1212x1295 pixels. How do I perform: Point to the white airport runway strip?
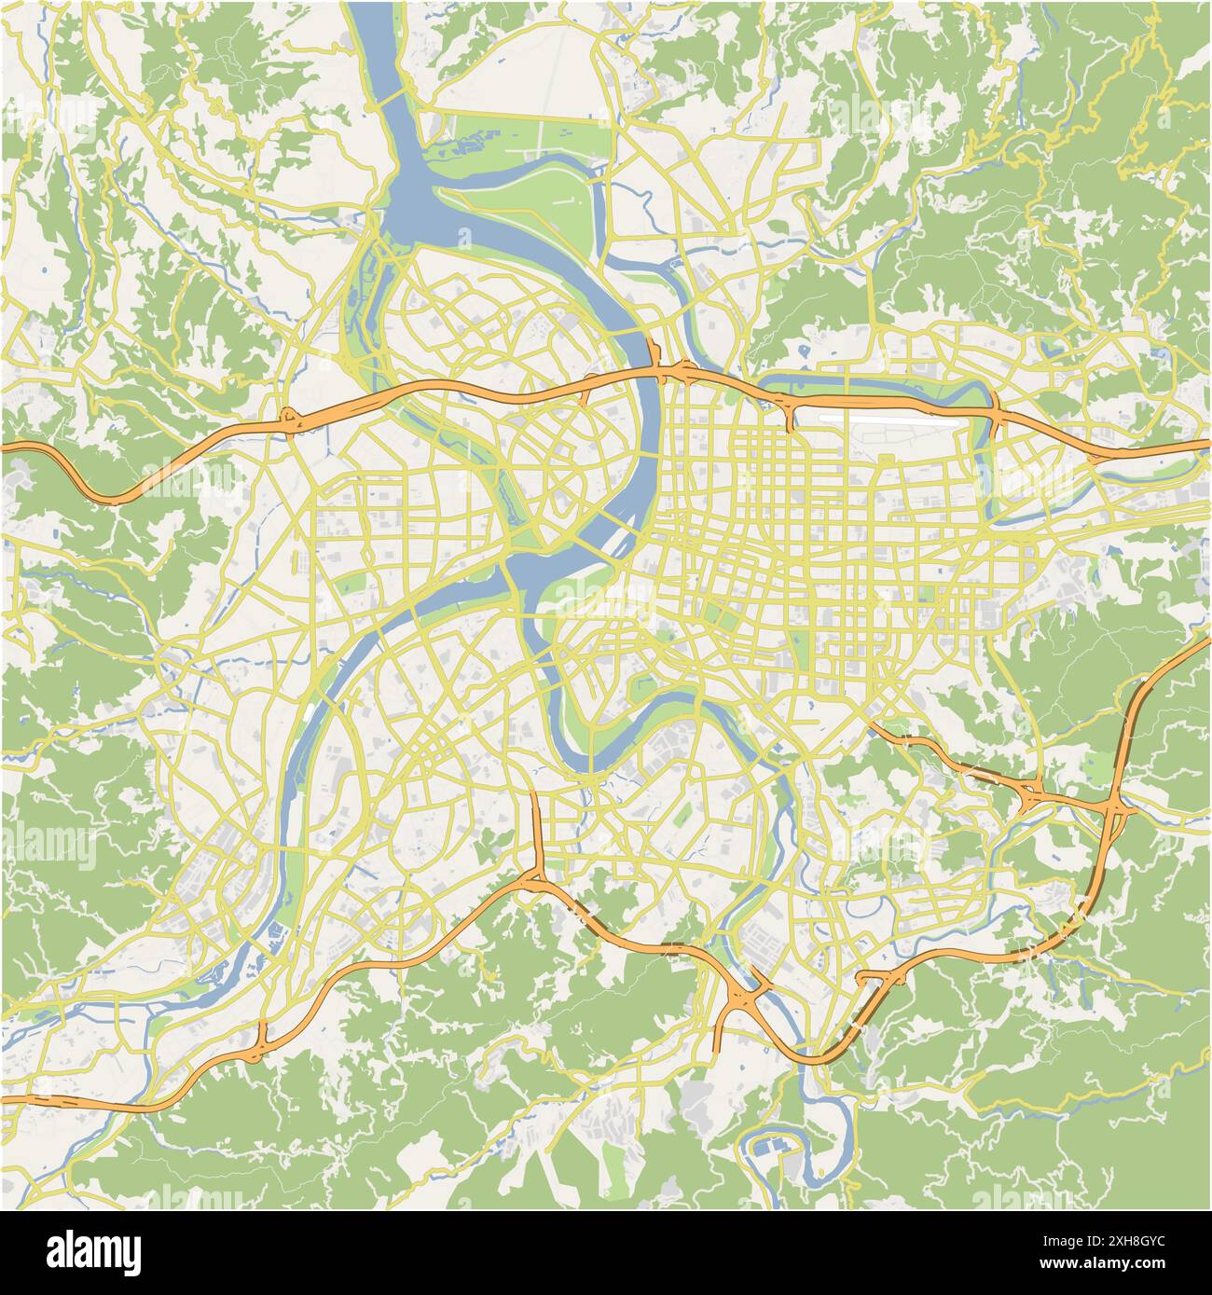tap(889, 421)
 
